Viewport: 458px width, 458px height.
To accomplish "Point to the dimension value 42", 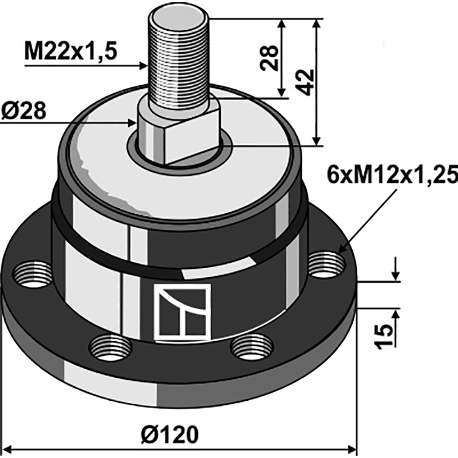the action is point(306,82).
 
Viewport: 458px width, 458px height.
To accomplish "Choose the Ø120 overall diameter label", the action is point(169,435).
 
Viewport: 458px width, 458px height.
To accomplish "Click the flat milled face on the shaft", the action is point(192,137).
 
